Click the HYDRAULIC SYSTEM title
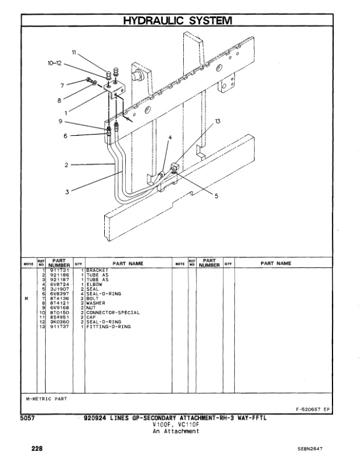[177, 21]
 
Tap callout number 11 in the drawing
[74, 53]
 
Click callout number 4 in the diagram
[170, 139]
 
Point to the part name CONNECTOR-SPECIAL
[113, 312]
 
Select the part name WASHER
[96, 303]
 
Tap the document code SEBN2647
[310, 449]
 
